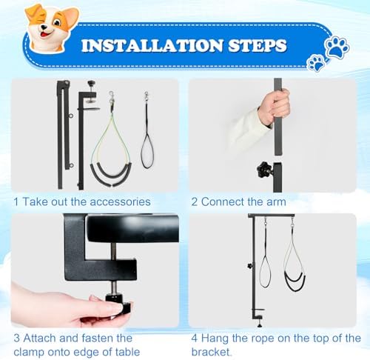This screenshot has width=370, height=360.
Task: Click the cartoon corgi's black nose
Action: coord(44,27)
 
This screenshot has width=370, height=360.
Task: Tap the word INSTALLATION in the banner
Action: coord(152,45)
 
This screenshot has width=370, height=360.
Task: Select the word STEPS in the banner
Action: coord(258,45)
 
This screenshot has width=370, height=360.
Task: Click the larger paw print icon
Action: coord(337,47)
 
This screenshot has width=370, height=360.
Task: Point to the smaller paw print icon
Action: coord(317,63)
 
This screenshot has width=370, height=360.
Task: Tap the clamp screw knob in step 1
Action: coord(92,84)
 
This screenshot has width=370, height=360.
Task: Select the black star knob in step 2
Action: coord(263,170)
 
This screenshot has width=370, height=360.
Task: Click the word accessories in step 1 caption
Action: coord(120,201)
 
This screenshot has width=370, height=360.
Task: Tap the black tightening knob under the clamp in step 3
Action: coord(119,305)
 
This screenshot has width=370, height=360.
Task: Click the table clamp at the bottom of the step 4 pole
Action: coord(257,316)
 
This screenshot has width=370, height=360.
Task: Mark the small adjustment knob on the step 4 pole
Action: coord(250,266)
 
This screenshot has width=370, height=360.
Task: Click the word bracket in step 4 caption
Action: coord(210,352)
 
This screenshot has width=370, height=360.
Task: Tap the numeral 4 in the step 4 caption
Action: coord(195,338)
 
